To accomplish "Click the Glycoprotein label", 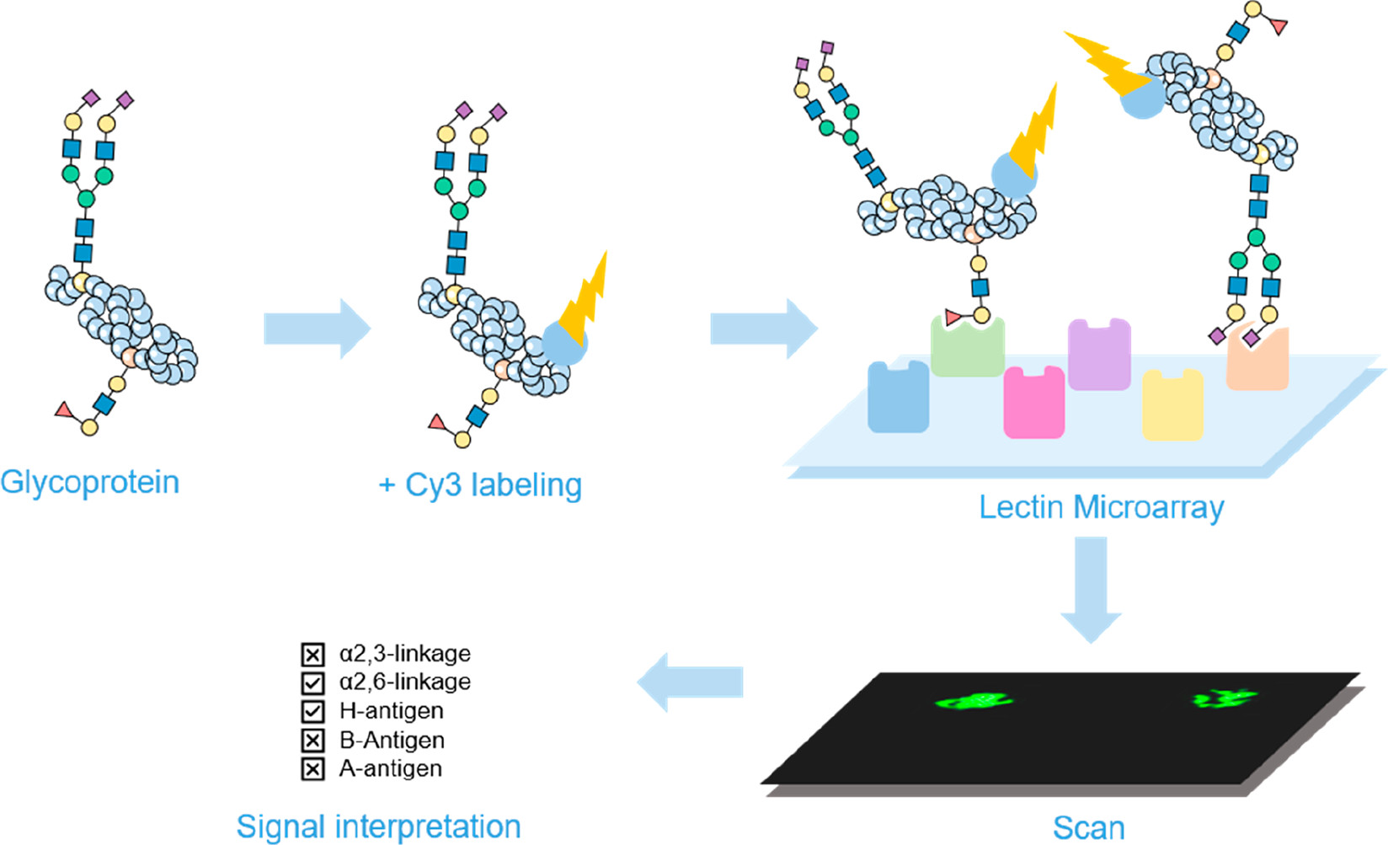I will [x=89, y=483].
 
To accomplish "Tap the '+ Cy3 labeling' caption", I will [x=480, y=485].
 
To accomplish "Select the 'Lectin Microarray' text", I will [x=1101, y=507].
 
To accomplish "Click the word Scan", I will [x=1088, y=827].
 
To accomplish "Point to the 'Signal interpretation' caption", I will [x=378, y=826].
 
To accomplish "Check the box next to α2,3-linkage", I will [x=312, y=655].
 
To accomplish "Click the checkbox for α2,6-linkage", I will [x=312, y=682].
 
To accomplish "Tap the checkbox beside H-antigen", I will [x=312, y=711].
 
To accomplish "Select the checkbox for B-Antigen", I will [x=312, y=741].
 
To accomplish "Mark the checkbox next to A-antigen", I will [x=312, y=769].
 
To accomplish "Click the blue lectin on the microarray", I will [x=898, y=398].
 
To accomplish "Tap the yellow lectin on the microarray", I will [x=1172, y=406].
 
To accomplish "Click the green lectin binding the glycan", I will [x=967, y=349].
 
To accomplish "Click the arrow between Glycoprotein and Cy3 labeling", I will [x=317, y=329].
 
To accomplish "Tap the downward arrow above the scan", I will [x=1091, y=589].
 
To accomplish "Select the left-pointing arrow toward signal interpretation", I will [x=691, y=682].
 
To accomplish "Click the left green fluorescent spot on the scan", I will [x=974, y=700].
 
